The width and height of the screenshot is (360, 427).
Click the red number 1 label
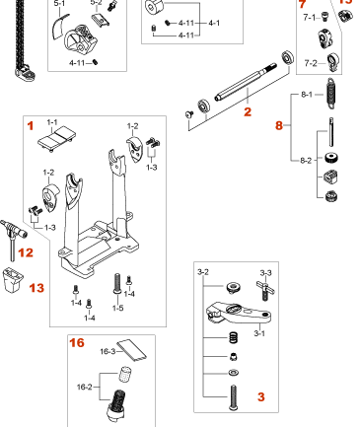30,126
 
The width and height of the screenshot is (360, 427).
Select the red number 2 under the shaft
249,114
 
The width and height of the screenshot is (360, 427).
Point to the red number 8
279,126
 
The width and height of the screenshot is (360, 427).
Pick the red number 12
26,253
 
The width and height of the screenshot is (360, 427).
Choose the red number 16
76,343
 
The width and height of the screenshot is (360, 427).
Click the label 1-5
118,308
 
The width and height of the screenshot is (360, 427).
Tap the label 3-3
265,272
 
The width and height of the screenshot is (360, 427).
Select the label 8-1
306,95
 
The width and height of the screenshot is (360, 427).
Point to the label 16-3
108,351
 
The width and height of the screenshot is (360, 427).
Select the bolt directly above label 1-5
118,283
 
